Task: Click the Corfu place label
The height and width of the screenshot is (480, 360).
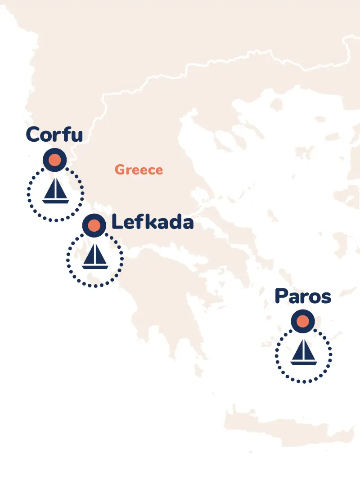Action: (x=54, y=134)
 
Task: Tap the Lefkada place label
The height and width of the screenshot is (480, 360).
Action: (x=152, y=222)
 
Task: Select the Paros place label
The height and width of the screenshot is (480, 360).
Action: (x=303, y=297)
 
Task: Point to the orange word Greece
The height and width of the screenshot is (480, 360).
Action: (x=139, y=170)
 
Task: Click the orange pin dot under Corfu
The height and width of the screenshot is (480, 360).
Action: (x=55, y=160)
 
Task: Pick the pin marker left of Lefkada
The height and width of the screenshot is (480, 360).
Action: (x=94, y=225)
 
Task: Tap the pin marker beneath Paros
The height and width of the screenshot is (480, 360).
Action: (x=303, y=322)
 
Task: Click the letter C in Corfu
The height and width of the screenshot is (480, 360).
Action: (x=33, y=134)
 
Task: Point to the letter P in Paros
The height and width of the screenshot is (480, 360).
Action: (x=282, y=296)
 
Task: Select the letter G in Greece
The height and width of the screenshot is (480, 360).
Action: (x=120, y=170)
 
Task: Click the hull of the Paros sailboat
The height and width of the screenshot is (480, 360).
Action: (x=304, y=363)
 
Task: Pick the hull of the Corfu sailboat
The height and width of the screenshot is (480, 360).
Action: (x=55, y=201)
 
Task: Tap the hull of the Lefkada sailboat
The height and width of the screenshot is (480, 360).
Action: (x=94, y=266)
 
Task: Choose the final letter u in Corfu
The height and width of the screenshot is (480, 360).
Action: (x=77, y=136)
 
